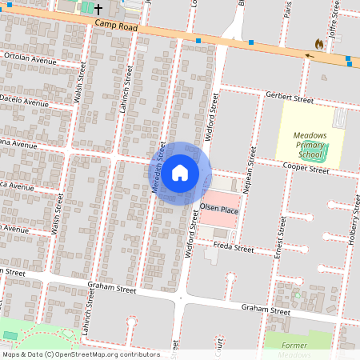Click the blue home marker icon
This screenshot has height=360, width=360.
[x=180, y=172]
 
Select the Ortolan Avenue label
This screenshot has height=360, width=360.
[x=30, y=59]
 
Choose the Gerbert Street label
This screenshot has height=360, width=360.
[x=290, y=99]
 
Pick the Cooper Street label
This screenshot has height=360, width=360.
[x=306, y=169]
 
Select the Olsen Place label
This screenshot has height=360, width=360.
[x=219, y=209]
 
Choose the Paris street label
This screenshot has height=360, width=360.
[x=286, y=10]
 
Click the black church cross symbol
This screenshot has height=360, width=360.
[x=98, y=9]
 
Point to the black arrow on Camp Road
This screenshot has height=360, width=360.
[x=309, y=55]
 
